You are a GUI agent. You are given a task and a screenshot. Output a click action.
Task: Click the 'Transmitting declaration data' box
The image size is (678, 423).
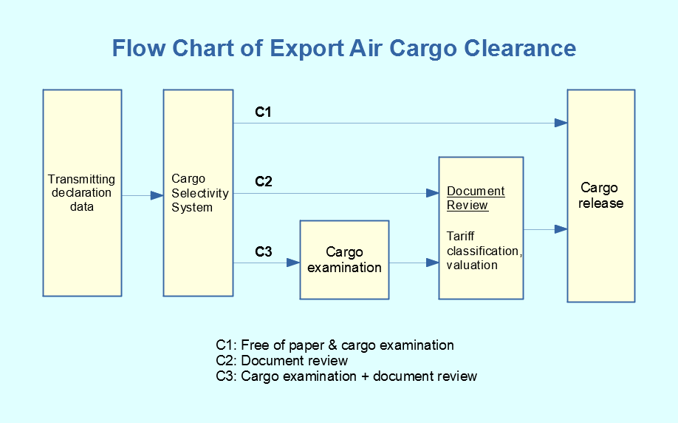tap(82, 193)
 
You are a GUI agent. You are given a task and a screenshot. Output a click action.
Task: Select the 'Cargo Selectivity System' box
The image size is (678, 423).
tap(197, 193)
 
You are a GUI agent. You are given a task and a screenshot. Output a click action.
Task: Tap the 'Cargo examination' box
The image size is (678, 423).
tap(344, 260)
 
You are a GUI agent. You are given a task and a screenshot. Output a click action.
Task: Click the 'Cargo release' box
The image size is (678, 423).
tap(600, 196)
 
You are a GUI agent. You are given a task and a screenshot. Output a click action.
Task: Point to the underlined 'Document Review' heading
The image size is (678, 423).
tap(476, 198)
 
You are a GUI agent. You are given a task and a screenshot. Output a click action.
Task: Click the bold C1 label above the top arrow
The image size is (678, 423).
tap(264, 112)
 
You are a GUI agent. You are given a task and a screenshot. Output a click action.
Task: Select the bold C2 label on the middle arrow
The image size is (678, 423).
tap(264, 181)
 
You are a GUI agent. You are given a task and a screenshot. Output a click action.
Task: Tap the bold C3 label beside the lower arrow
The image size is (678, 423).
tap(264, 252)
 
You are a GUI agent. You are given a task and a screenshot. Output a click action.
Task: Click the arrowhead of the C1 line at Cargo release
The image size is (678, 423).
tap(561, 123)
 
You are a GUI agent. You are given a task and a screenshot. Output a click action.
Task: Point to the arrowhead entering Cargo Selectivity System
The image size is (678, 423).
tap(157, 195)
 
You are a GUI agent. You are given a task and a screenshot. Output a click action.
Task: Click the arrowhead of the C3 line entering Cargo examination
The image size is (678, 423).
tap(293, 263)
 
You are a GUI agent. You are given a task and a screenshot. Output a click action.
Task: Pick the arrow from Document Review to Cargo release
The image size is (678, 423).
tap(545, 229)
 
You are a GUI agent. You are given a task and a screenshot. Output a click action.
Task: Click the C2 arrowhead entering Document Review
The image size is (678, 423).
tap(432, 193)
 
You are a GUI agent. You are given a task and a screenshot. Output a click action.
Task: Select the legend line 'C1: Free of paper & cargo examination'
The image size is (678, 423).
tap(335, 345)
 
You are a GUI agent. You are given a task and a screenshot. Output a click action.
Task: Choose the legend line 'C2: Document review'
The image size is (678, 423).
tap(281, 361)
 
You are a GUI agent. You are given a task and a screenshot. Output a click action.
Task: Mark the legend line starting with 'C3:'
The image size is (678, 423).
tap(346, 376)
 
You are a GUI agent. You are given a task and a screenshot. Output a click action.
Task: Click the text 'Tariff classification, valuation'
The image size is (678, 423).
tap(483, 251)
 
